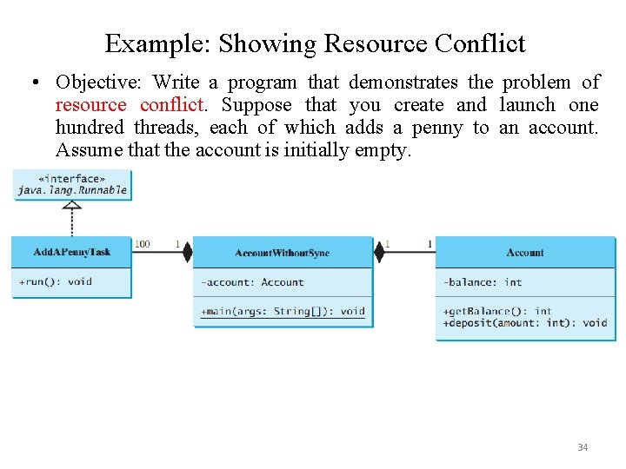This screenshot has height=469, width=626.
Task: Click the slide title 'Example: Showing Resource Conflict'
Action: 315,43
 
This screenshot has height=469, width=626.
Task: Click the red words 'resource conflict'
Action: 130,105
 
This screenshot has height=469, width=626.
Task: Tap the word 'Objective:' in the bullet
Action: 97,83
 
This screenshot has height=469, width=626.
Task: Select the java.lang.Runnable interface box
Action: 71,185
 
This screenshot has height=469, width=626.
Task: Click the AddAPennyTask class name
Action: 72,253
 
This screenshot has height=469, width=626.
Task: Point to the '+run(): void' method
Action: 56,281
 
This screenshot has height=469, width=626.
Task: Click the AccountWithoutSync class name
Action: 283,254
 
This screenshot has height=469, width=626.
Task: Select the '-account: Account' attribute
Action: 252,282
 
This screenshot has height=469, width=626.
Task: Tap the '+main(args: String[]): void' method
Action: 283,311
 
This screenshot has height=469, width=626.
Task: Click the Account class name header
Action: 525,253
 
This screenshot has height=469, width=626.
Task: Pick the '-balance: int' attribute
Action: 483,282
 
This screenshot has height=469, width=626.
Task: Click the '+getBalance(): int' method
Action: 497,311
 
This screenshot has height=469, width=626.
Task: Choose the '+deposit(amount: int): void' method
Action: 525,323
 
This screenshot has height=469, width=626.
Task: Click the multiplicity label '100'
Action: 142,244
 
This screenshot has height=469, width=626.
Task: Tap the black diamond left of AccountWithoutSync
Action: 186,252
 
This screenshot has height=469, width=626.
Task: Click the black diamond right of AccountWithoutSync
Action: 379,252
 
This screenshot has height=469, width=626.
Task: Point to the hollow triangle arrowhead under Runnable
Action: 72,206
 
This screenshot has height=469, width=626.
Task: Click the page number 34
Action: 583,447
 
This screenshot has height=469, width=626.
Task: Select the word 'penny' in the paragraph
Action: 437,128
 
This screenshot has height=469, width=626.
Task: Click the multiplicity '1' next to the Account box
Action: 430,244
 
